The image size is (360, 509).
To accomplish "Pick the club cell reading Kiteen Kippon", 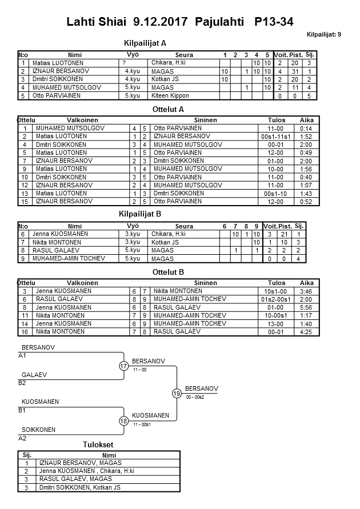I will [170, 96].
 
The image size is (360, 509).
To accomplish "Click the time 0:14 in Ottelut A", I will [306, 129].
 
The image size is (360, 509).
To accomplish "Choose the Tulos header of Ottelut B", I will [277, 283].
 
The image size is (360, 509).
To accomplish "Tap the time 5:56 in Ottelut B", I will [306, 307].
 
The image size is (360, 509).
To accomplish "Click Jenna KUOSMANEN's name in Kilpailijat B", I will [62, 234].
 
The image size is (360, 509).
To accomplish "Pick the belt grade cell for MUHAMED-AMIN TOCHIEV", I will [132, 259].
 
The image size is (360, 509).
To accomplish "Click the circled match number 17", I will [123, 366].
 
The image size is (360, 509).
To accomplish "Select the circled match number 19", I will [177, 393].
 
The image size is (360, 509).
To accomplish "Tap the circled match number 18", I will [123, 421].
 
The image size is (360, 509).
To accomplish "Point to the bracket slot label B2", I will [22, 383].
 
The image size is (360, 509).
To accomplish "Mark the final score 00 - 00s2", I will [195, 398].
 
